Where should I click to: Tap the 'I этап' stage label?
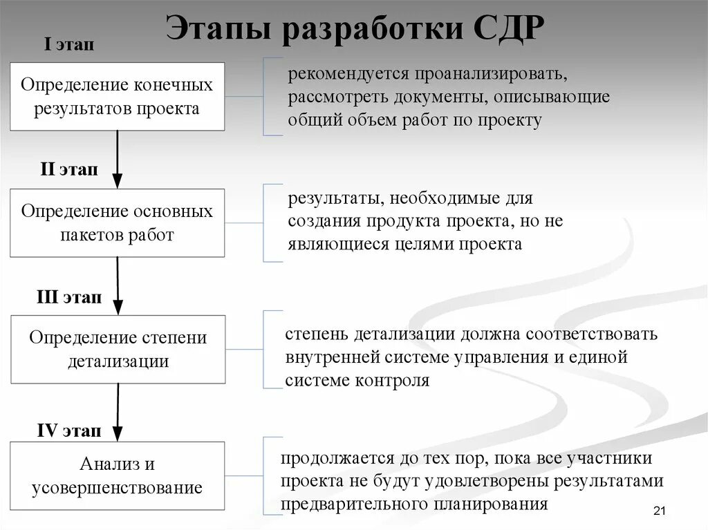tap(69, 46)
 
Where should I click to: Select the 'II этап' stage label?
tap(69, 170)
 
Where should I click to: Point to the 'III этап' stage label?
tap(69, 298)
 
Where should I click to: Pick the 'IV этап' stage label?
tap(69, 431)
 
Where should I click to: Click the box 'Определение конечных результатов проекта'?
tap(117, 96)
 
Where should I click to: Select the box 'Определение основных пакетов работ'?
tap(117, 223)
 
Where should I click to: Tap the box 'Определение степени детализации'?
tap(118, 349)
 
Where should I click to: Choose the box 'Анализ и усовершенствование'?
tap(117, 475)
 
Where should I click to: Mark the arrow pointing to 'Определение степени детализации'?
tap(118, 286)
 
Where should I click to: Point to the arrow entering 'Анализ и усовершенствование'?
tap(118, 413)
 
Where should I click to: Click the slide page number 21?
tap(658, 511)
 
